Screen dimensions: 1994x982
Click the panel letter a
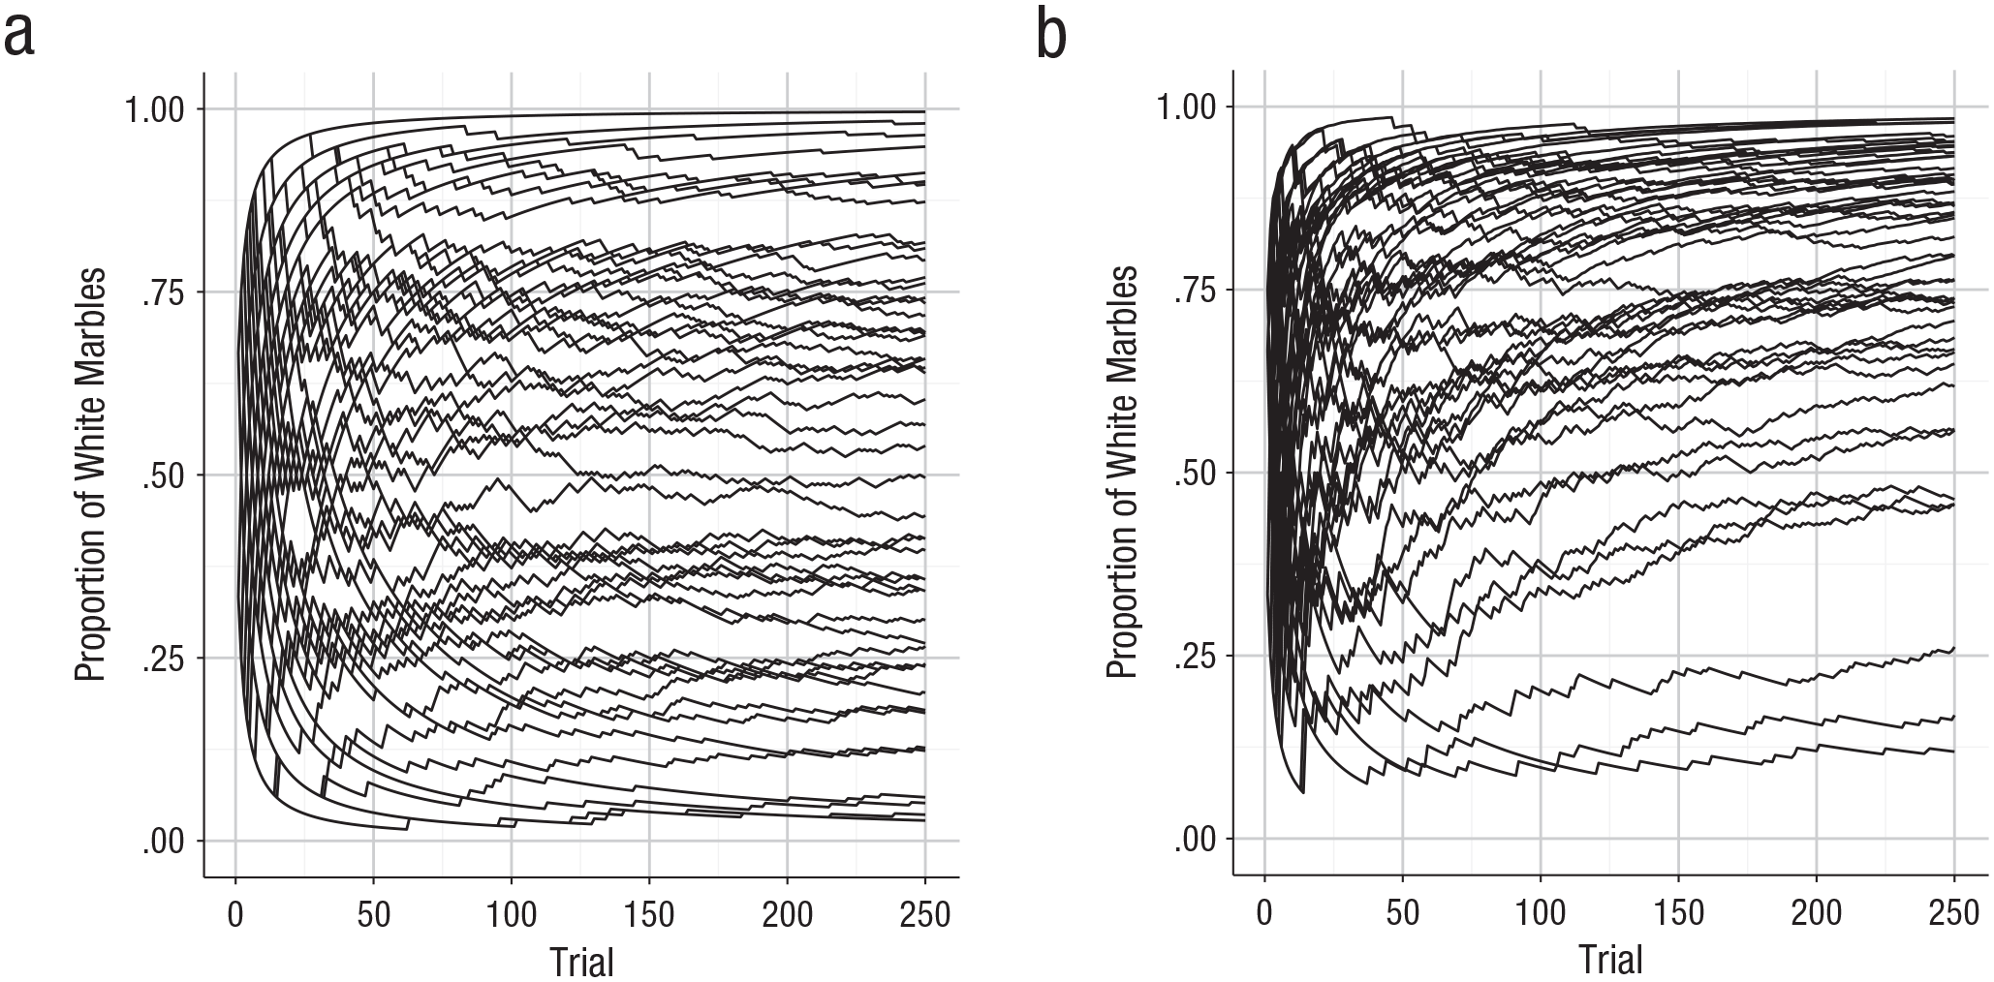point(20,36)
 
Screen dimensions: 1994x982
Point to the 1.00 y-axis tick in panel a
point(158,109)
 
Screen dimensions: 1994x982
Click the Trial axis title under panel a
point(582,962)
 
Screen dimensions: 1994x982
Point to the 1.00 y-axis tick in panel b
point(1188,107)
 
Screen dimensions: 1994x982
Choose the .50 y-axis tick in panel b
point(1199,473)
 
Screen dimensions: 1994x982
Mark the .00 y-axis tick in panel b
point(1199,839)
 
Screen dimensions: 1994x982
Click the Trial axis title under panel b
point(1611,960)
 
